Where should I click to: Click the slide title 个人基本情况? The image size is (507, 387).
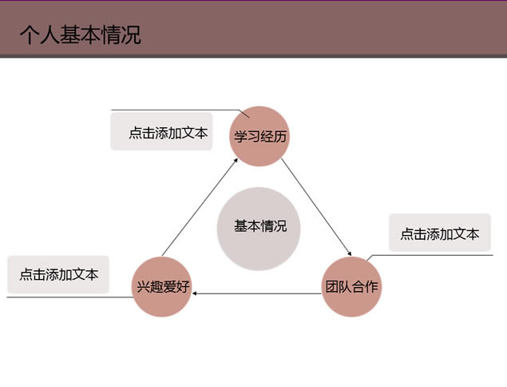pyautogui.click(x=80, y=35)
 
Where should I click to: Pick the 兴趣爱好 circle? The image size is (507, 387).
pyautogui.click(x=163, y=286)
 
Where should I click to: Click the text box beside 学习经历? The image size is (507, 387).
pyautogui.click(x=168, y=133)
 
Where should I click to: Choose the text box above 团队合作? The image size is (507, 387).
pyautogui.click(x=439, y=233)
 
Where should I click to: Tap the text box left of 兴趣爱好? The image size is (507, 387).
pyautogui.click(x=58, y=274)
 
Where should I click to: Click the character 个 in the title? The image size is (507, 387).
pyautogui.click(x=29, y=36)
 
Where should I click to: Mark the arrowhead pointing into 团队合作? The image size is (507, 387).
pyautogui.click(x=348, y=253)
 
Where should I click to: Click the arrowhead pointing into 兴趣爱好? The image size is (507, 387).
pyautogui.click(x=197, y=294)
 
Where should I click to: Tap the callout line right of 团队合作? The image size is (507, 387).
pyautogui.click(x=439, y=255)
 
